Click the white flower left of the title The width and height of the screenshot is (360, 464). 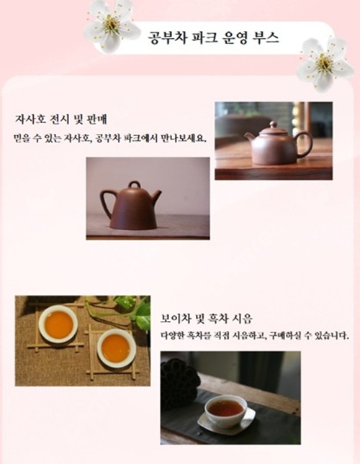point(112,26)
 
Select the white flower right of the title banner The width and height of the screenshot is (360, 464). point(325,63)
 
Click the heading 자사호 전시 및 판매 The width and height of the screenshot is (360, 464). point(61,119)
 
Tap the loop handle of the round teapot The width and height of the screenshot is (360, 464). point(305,145)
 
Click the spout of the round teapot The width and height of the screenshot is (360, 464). point(250,139)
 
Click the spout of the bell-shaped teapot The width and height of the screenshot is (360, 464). point(157,195)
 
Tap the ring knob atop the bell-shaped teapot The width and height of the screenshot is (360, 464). point(135,185)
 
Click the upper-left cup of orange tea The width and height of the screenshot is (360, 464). point(58,324)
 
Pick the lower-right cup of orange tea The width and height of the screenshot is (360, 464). point(117,348)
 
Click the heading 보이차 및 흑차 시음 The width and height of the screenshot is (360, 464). point(207,319)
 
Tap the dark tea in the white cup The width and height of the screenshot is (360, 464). point(225,408)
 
